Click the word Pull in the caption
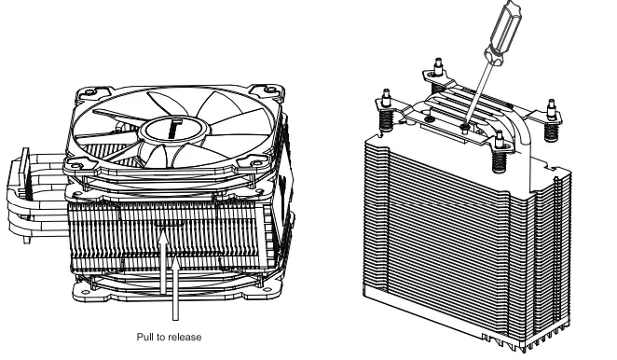coord(148,328)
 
